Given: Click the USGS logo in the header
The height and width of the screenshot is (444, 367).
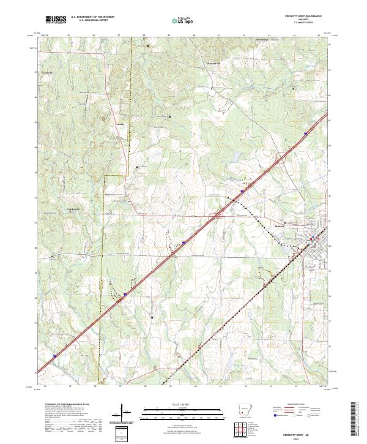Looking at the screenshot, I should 56,21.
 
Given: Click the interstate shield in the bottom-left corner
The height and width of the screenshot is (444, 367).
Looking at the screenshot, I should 54,355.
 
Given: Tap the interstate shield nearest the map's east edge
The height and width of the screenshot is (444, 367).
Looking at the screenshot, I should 313,129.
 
